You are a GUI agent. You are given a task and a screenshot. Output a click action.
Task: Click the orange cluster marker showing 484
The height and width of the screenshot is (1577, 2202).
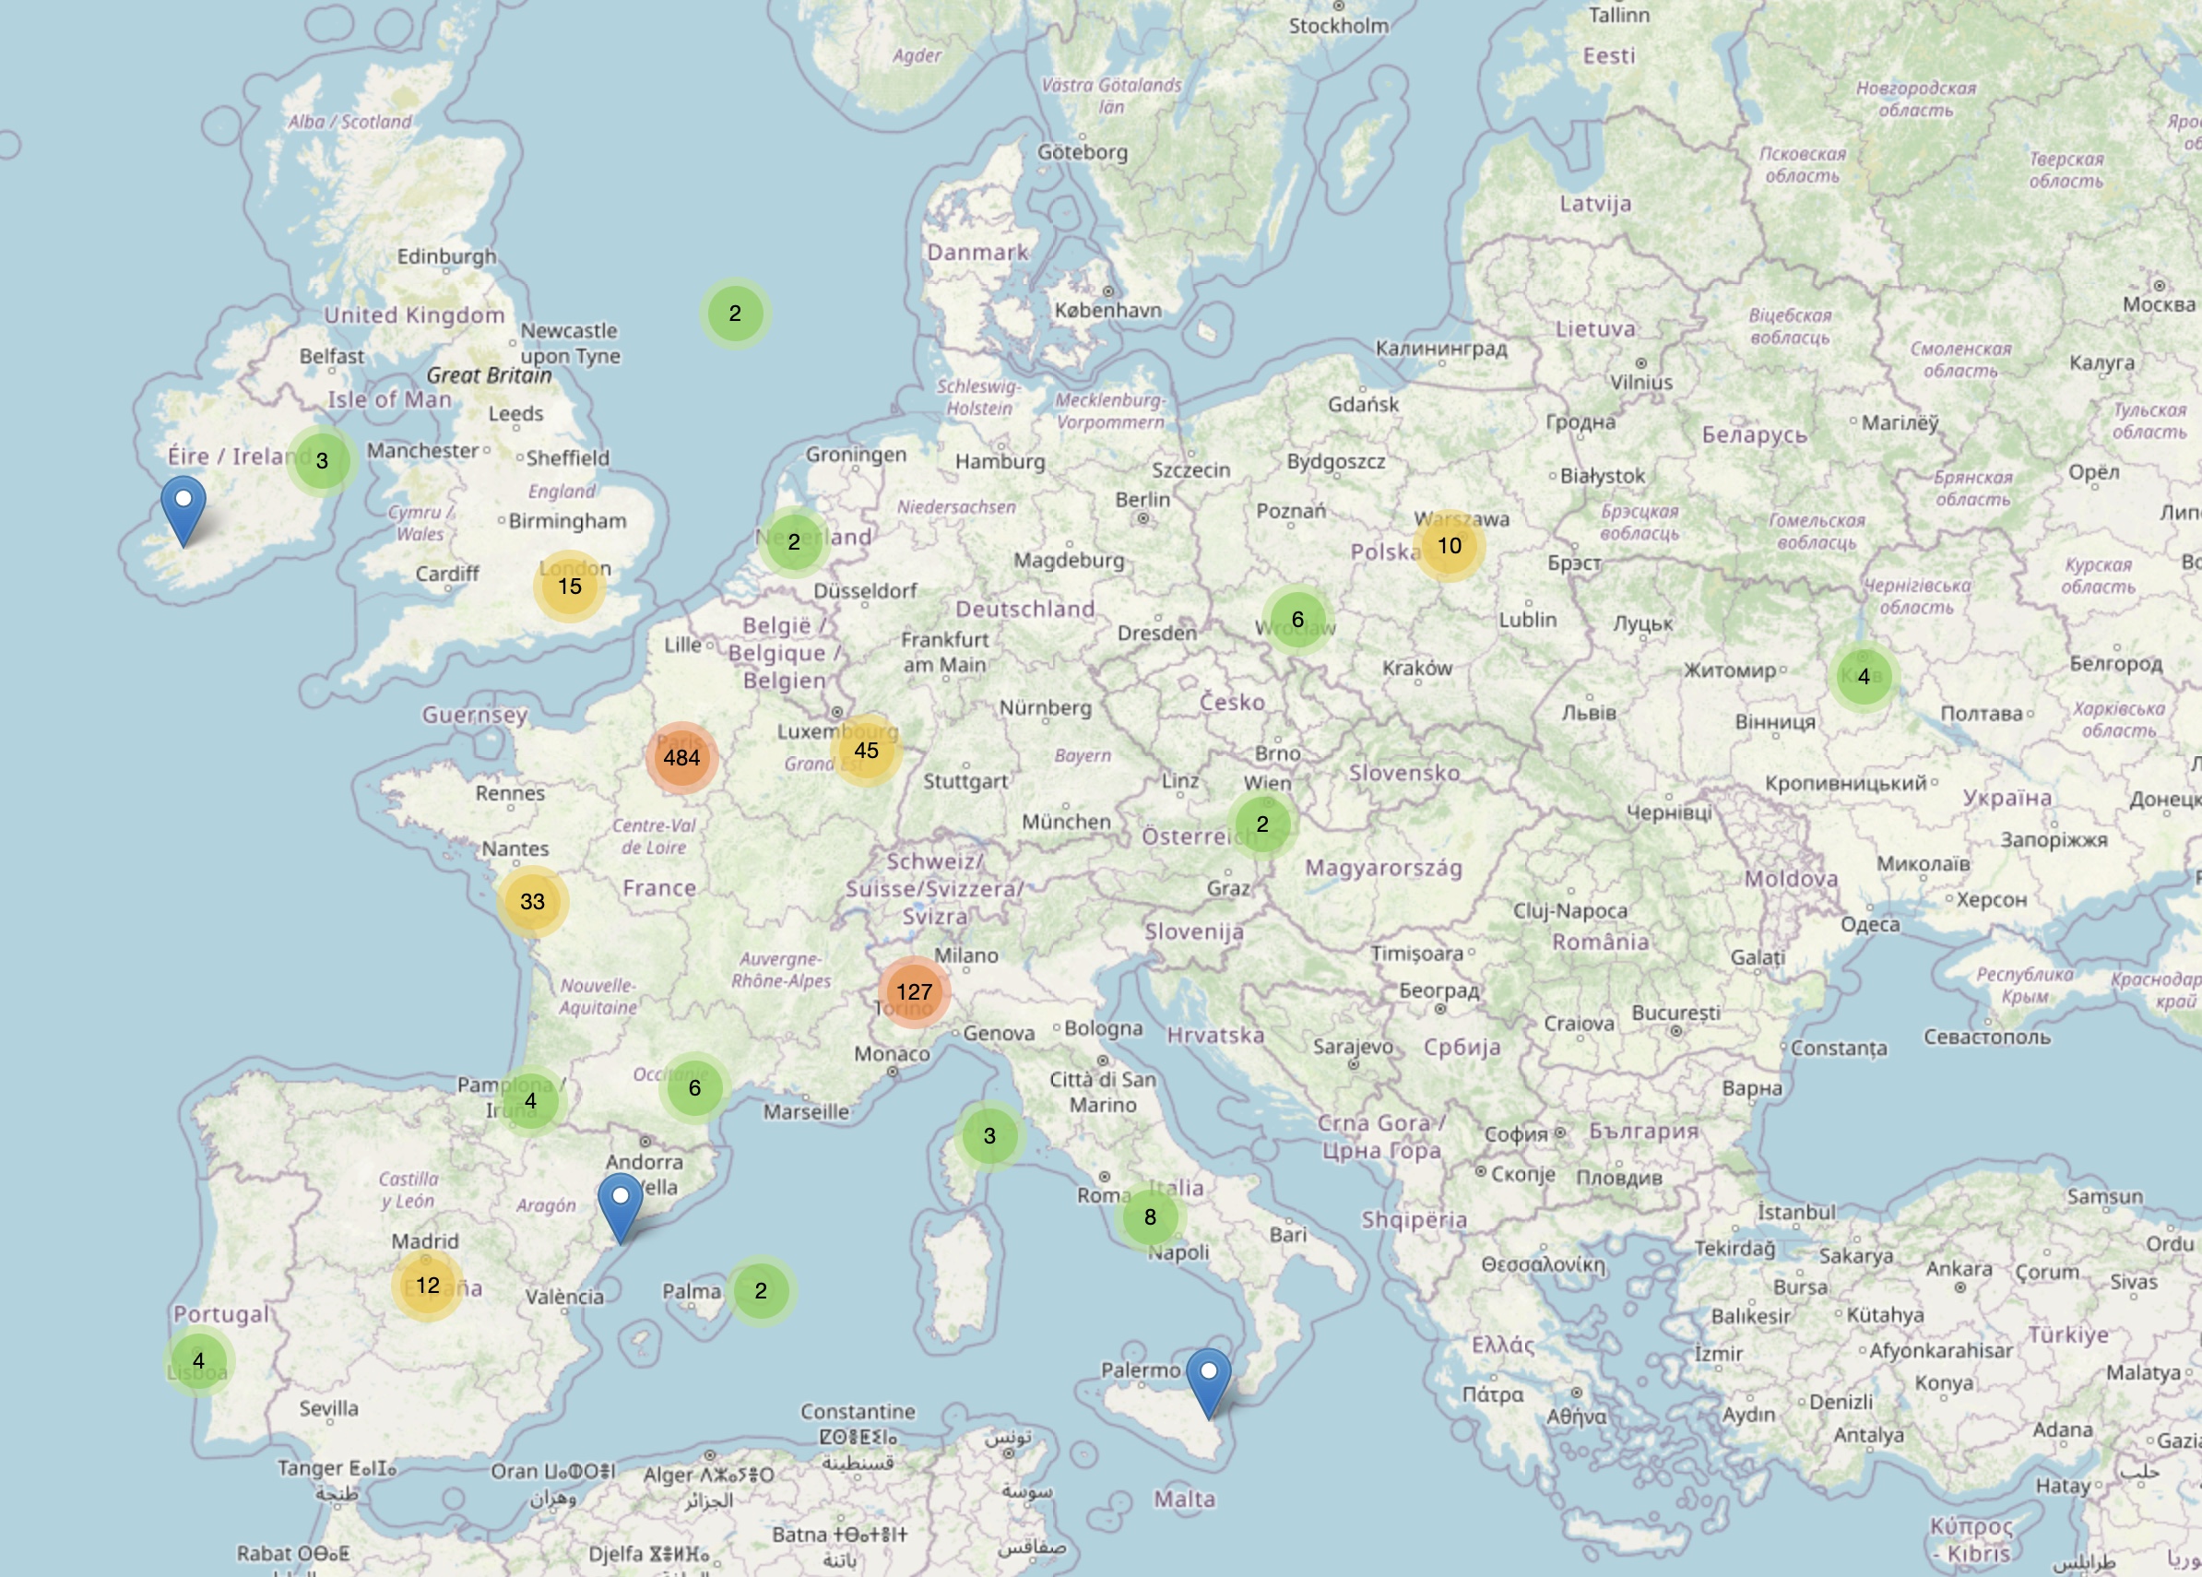[x=681, y=757]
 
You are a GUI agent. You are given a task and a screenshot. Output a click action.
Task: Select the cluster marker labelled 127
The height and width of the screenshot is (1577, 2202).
[x=914, y=991]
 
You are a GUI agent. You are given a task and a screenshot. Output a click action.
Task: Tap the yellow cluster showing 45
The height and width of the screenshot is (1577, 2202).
[x=866, y=750]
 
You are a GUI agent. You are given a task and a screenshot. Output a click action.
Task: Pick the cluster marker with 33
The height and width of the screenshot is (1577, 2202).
[x=532, y=901]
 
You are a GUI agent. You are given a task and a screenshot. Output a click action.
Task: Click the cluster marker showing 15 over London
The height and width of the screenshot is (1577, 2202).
[x=569, y=586]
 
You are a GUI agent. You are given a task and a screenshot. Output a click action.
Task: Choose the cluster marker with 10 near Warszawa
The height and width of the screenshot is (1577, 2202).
[x=1449, y=545]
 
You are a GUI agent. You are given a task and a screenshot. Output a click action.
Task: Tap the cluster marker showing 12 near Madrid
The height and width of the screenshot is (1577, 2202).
[x=427, y=1285]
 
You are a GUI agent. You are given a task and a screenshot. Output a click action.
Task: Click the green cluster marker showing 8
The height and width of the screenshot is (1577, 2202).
[x=1150, y=1216]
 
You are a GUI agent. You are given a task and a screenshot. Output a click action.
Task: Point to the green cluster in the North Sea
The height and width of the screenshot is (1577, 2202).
[x=735, y=313]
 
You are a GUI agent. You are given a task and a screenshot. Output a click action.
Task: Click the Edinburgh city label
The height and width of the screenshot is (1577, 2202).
[x=445, y=256]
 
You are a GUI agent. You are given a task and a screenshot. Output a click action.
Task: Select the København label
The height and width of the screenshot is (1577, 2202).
[x=1107, y=310]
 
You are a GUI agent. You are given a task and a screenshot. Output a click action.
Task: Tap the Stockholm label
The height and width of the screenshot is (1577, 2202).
[x=1338, y=26]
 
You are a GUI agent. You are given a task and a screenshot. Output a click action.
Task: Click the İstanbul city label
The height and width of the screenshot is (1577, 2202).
[x=1796, y=1212]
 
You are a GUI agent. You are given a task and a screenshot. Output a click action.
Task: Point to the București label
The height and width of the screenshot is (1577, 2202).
[x=1675, y=1012]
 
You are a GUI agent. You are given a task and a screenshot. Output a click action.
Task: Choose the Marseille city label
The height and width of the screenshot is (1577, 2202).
[x=806, y=1111]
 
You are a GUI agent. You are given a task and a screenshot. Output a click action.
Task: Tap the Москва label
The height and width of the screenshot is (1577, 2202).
[x=2159, y=304]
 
